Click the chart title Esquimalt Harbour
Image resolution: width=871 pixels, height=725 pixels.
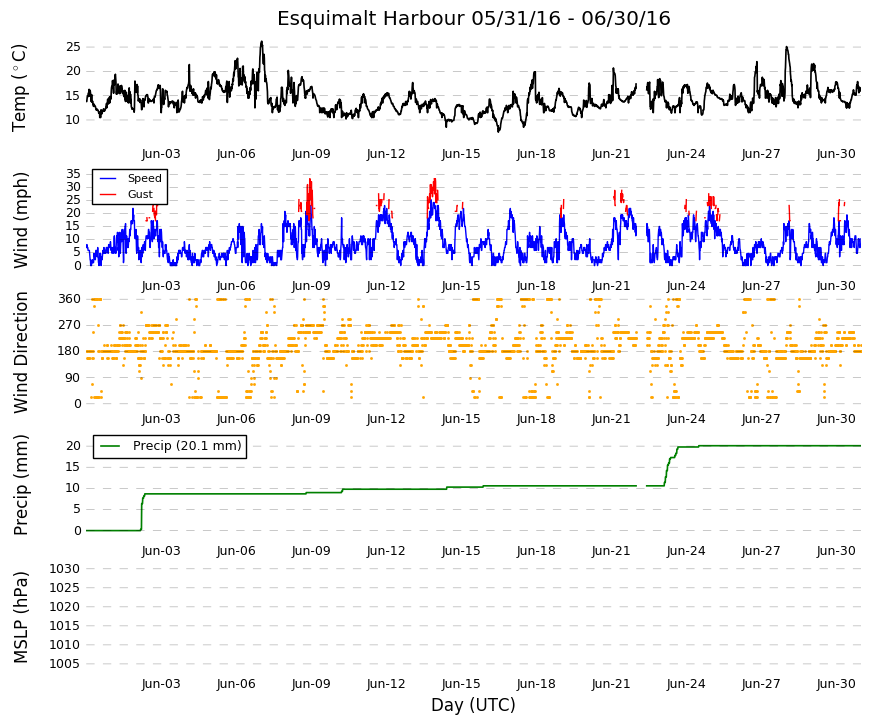click(370, 18)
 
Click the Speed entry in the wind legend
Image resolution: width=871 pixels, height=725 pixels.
click(144, 178)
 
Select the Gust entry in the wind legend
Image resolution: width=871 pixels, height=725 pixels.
click(140, 194)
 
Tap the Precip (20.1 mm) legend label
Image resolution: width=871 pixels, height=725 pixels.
click(187, 446)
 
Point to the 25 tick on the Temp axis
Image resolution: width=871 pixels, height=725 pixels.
click(73, 47)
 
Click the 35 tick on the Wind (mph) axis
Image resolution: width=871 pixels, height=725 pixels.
click(73, 174)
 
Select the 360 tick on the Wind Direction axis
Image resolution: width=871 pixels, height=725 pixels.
click(69, 299)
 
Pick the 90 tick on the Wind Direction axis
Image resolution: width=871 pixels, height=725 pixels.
click(73, 378)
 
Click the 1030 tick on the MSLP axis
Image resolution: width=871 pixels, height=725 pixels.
click(64, 569)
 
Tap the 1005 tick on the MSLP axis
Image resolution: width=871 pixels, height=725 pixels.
click(64, 664)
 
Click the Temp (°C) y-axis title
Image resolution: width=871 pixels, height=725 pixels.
click(19, 88)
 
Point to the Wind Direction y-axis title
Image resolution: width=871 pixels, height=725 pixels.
click(21, 352)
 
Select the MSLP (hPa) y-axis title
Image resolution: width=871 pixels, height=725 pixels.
click(21, 617)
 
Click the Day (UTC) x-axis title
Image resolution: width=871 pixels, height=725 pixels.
click(473, 705)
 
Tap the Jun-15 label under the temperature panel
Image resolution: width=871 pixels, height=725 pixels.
click(461, 154)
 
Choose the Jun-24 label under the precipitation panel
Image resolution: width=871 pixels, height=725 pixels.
click(686, 551)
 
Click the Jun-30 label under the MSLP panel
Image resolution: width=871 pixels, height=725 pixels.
click(836, 684)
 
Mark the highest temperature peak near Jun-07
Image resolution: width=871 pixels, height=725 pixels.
click(262, 42)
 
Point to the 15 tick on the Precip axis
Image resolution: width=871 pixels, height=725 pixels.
click(73, 467)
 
